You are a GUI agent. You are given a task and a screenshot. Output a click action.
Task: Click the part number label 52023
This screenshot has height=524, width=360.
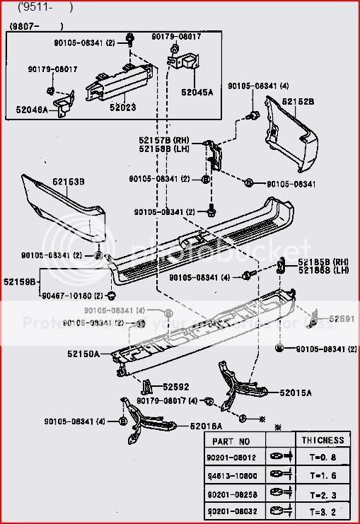[123, 107]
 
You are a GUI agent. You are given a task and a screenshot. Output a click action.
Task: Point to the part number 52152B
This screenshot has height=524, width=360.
[298, 102]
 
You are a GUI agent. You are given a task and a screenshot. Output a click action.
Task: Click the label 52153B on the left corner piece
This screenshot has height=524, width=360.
[68, 182]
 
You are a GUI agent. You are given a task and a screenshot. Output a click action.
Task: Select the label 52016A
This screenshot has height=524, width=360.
[206, 426]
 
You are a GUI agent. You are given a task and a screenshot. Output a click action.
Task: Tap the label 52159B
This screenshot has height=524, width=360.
[21, 281]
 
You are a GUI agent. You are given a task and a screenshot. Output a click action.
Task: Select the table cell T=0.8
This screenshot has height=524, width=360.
[321, 458]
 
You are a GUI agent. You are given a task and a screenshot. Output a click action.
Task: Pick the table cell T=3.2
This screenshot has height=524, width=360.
[321, 510]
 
